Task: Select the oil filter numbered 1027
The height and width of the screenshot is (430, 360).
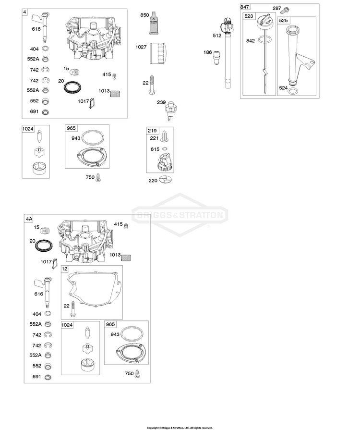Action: pos(158,53)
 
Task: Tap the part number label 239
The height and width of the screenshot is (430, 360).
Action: pos(161,102)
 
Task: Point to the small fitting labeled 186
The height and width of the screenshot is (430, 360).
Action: pos(217,58)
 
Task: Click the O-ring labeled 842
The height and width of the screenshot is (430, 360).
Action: pos(264,40)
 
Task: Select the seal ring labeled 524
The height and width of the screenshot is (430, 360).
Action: pos(294,91)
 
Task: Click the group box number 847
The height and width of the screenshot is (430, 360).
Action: pos(245,7)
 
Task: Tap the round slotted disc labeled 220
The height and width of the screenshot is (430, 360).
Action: pos(166,179)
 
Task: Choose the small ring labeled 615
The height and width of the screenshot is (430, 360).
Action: pos(165,149)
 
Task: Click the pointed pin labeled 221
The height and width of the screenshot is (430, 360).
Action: pos(164,136)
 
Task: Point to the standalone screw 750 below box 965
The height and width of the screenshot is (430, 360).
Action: pos(98,178)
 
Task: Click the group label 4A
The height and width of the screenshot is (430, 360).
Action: pos(29,219)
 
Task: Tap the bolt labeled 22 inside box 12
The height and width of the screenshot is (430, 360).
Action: pos(73,308)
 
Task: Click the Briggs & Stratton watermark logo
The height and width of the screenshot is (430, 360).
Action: pos(180,215)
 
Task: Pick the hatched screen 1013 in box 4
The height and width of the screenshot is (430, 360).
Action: pos(115,94)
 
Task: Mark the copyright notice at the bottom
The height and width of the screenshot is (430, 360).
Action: pos(180,428)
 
